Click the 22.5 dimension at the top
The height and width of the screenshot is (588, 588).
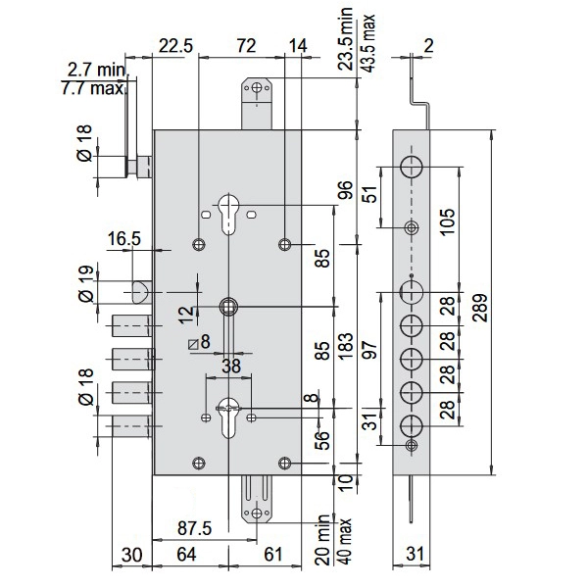coord(175,46)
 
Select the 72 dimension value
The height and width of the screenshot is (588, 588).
coord(246,46)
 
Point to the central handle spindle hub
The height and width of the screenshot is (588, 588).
coord(228,306)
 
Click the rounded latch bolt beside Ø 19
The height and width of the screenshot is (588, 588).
coord(139,291)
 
